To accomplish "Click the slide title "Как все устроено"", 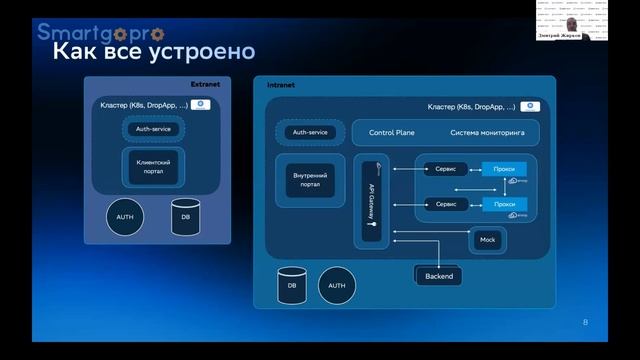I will point(152,51).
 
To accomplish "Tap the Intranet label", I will point(281,86).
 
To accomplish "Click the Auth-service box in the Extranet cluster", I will point(155,128).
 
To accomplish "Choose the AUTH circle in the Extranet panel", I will point(125,217).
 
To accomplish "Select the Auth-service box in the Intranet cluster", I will point(310,132).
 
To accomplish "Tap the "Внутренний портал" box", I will point(310,181).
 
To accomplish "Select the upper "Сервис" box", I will point(445,169).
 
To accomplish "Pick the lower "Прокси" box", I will point(504,204).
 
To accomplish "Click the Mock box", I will point(488,240).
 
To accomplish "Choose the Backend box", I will point(439,276).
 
